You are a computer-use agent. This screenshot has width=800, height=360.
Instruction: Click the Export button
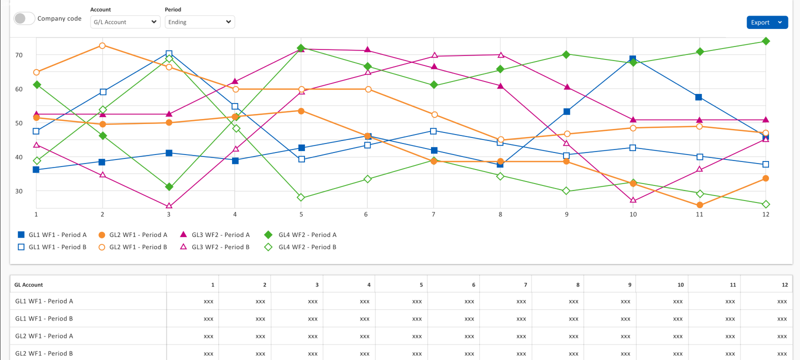760,22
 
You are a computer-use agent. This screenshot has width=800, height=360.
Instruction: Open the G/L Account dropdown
125,22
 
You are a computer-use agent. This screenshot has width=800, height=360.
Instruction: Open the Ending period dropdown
199,22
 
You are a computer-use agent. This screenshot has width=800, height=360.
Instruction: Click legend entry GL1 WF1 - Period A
52,235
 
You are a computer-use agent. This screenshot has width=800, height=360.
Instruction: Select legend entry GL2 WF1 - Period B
133,247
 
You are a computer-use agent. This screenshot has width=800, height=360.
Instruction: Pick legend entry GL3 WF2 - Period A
215,235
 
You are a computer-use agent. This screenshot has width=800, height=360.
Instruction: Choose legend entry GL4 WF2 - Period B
301,247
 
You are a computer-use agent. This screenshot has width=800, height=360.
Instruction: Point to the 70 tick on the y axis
19,55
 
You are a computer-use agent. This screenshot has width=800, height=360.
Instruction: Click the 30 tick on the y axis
19,191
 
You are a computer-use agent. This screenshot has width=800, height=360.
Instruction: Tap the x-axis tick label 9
566,214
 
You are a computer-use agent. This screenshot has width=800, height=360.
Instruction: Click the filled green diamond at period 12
765,41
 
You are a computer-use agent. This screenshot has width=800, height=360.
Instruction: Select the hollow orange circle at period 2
102,45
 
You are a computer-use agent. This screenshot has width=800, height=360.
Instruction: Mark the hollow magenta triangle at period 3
169,205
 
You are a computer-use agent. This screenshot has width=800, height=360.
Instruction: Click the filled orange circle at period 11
699,205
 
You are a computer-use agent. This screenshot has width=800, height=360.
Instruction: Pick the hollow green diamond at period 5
301,197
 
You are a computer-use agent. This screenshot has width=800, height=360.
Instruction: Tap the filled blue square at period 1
36,170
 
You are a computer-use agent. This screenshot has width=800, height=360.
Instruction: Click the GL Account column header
29,285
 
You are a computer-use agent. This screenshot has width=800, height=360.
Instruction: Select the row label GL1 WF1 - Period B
44,318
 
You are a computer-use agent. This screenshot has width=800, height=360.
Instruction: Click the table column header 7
525,285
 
